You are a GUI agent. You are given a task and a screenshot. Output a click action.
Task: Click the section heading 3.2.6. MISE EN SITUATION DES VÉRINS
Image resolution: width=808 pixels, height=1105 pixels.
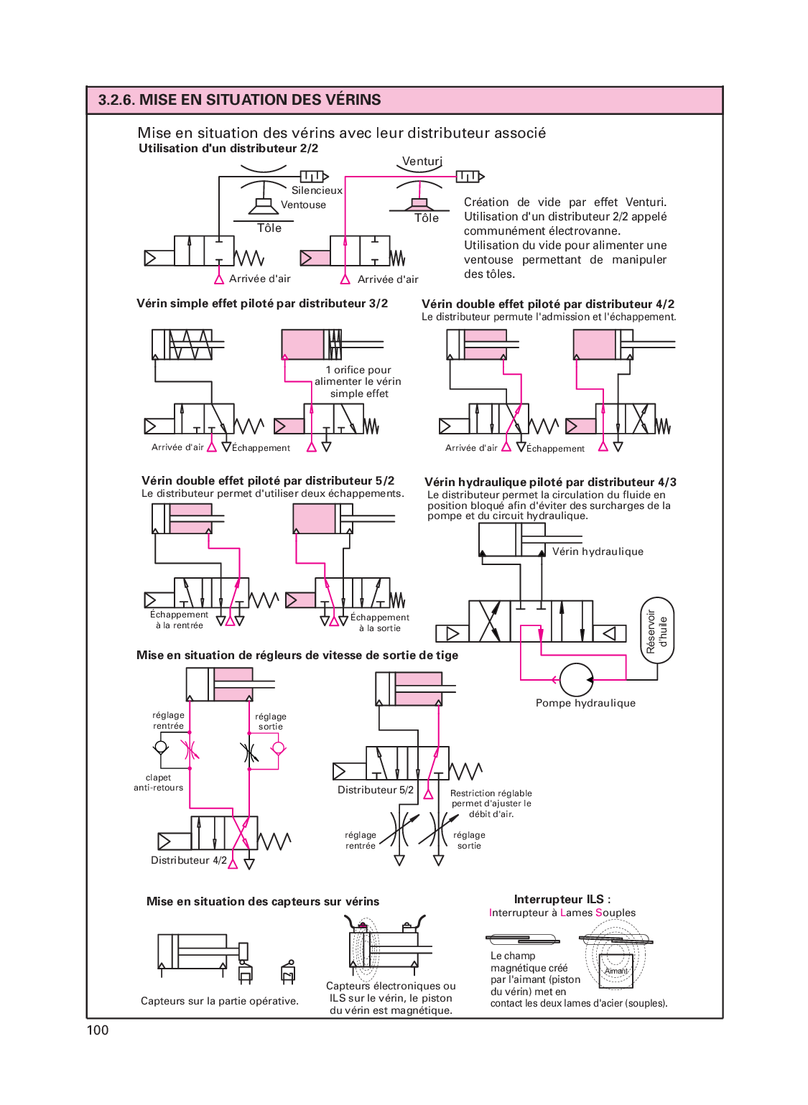tap(239, 100)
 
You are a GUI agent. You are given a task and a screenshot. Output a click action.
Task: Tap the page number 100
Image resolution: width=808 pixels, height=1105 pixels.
tap(98, 1030)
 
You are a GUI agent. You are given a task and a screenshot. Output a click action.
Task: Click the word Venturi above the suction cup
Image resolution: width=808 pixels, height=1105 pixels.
tap(422, 161)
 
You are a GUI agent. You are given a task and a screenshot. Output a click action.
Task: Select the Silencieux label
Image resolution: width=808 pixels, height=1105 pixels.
tap(317, 190)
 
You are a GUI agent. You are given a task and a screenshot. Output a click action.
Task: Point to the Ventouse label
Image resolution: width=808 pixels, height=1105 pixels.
tap(303, 205)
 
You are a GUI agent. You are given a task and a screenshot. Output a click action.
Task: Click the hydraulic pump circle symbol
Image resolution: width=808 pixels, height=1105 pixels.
tap(575, 679)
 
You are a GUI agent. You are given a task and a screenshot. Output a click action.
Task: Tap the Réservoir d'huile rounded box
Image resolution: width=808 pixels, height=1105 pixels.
tap(657, 630)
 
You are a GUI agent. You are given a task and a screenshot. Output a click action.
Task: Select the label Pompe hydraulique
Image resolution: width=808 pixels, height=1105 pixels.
tap(585, 703)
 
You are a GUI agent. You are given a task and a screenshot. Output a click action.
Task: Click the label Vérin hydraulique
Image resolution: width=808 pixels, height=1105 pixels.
tap(598, 551)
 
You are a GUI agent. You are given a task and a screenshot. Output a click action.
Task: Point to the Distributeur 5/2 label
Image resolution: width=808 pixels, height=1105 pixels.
tap(376, 790)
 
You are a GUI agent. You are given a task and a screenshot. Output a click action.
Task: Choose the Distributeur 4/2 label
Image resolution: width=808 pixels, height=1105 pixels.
tap(188, 860)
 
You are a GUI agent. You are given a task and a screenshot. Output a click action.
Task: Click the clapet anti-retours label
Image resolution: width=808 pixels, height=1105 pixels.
tap(159, 783)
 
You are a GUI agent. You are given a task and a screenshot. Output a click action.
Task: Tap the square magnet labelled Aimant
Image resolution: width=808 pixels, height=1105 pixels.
tap(616, 971)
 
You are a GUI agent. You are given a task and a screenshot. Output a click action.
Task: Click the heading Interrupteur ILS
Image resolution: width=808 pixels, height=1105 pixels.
tap(562, 899)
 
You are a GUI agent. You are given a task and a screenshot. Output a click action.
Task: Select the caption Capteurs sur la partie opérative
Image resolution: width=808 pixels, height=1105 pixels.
tap(219, 1001)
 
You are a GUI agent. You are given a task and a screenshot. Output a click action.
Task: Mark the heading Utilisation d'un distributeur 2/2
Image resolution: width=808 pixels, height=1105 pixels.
tap(228, 149)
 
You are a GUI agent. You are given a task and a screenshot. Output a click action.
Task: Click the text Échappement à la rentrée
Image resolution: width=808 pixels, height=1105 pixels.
tap(179, 620)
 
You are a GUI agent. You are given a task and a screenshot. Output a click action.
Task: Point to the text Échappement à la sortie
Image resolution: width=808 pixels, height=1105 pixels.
tap(380, 623)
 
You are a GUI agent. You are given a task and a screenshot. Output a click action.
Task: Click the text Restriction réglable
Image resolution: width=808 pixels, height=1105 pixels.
tap(491, 793)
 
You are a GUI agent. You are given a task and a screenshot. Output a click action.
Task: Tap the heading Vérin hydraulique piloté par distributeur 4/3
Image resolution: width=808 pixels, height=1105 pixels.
tap(550, 482)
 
